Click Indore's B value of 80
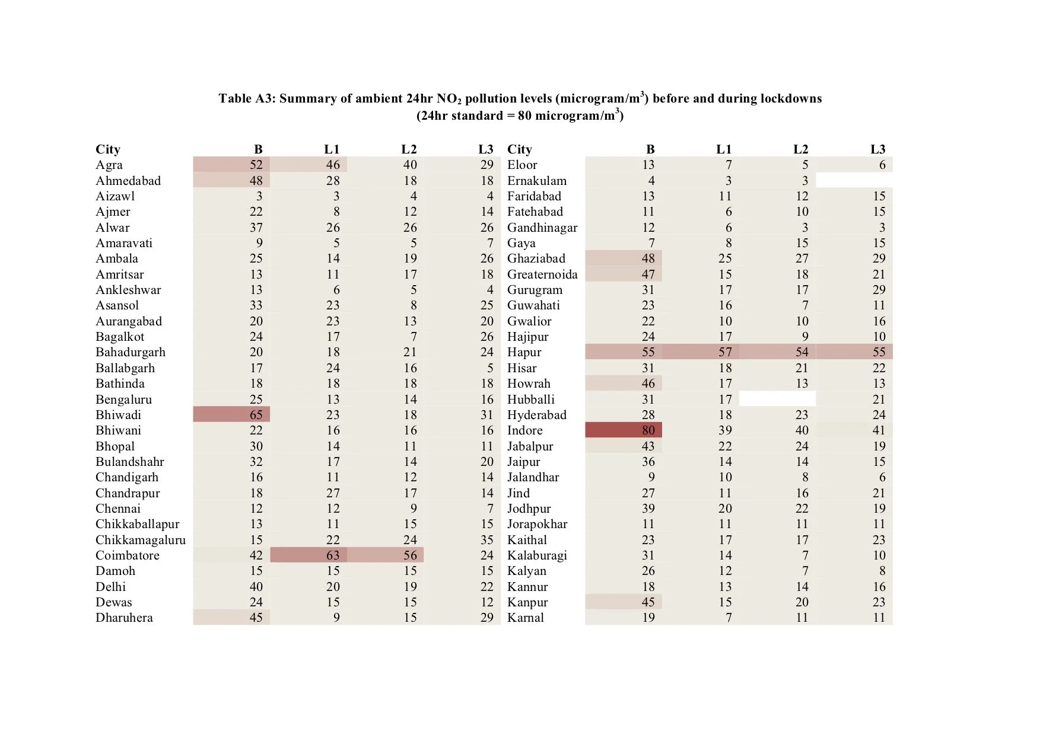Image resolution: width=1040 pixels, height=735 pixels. pos(648,430)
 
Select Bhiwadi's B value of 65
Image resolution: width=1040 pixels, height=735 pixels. pos(256,415)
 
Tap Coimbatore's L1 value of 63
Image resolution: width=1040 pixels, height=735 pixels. pos(333,555)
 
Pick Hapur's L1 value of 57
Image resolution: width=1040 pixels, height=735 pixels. pos(725,352)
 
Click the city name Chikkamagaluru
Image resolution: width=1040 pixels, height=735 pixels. pos(141,540)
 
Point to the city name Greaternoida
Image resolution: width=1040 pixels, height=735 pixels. pos(542,274)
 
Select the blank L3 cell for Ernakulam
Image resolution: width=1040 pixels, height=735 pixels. pos(854,181)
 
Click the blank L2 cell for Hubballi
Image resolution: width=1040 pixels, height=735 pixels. pos(777,400)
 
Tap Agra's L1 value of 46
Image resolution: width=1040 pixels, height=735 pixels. pos(333,165)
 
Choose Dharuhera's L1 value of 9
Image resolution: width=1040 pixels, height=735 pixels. pos(336,618)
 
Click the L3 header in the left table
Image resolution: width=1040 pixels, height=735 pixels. pos(485,149)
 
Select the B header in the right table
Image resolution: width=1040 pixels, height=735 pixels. pos(650,149)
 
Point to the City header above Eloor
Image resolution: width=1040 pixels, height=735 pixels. pos(520,149)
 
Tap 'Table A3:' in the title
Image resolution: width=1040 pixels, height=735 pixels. pos(246,98)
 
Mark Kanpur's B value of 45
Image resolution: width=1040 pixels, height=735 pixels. pos(648,602)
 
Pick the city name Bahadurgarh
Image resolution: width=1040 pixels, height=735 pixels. pos(131,352)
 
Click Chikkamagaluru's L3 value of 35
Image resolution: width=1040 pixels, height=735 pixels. pos(486,540)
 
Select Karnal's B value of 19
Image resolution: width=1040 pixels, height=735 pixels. pos(648,618)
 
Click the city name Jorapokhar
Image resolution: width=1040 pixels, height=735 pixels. pos(537,524)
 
